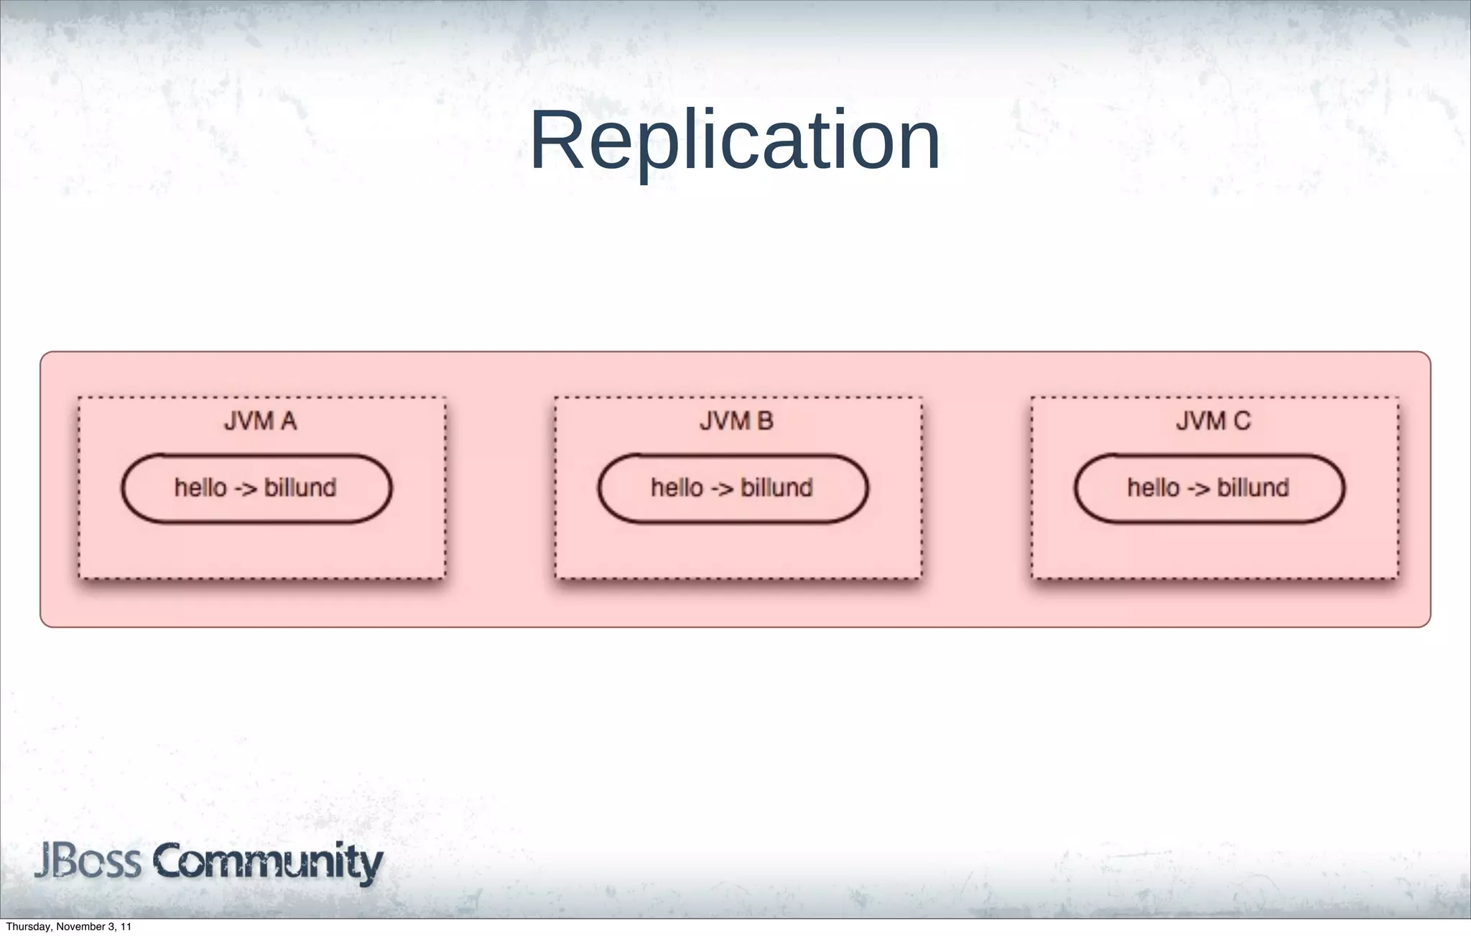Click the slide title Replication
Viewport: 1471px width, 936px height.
(x=735, y=141)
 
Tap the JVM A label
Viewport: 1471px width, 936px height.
(x=260, y=421)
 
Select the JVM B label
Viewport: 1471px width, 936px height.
(x=736, y=421)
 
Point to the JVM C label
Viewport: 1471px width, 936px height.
(x=1213, y=421)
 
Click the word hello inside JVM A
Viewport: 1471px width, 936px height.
(x=200, y=488)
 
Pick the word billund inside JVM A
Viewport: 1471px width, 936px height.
(x=300, y=488)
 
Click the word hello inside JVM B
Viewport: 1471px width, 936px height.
(x=677, y=488)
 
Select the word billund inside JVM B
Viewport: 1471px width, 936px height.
(x=776, y=488)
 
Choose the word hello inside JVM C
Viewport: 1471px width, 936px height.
(x=1153, y=488)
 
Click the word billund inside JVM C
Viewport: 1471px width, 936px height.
(x=1253, y=488)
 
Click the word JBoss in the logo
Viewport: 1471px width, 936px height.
(x=88, y=861)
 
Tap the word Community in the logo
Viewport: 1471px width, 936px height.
(x=267, y=863)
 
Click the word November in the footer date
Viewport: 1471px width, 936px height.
(x=80, y=927)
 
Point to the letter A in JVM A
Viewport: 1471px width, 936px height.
(x=287, y=421)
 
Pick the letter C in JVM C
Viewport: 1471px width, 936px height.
(x=1241, y=421)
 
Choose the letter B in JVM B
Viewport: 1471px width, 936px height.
(x=764, y=421)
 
